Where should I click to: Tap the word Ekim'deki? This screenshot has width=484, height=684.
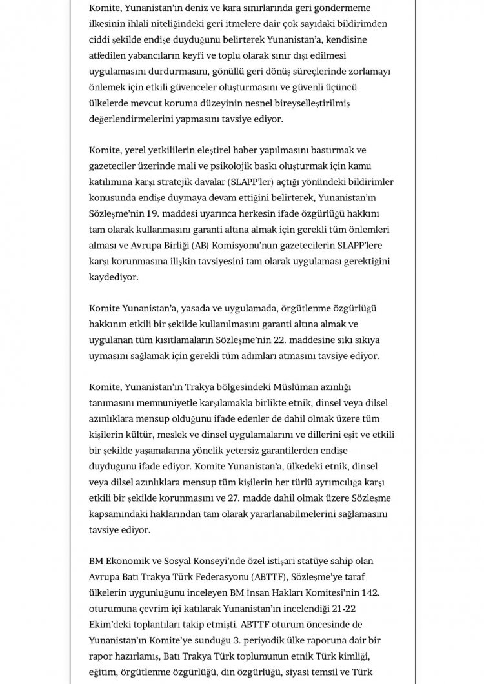(110, 623)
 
